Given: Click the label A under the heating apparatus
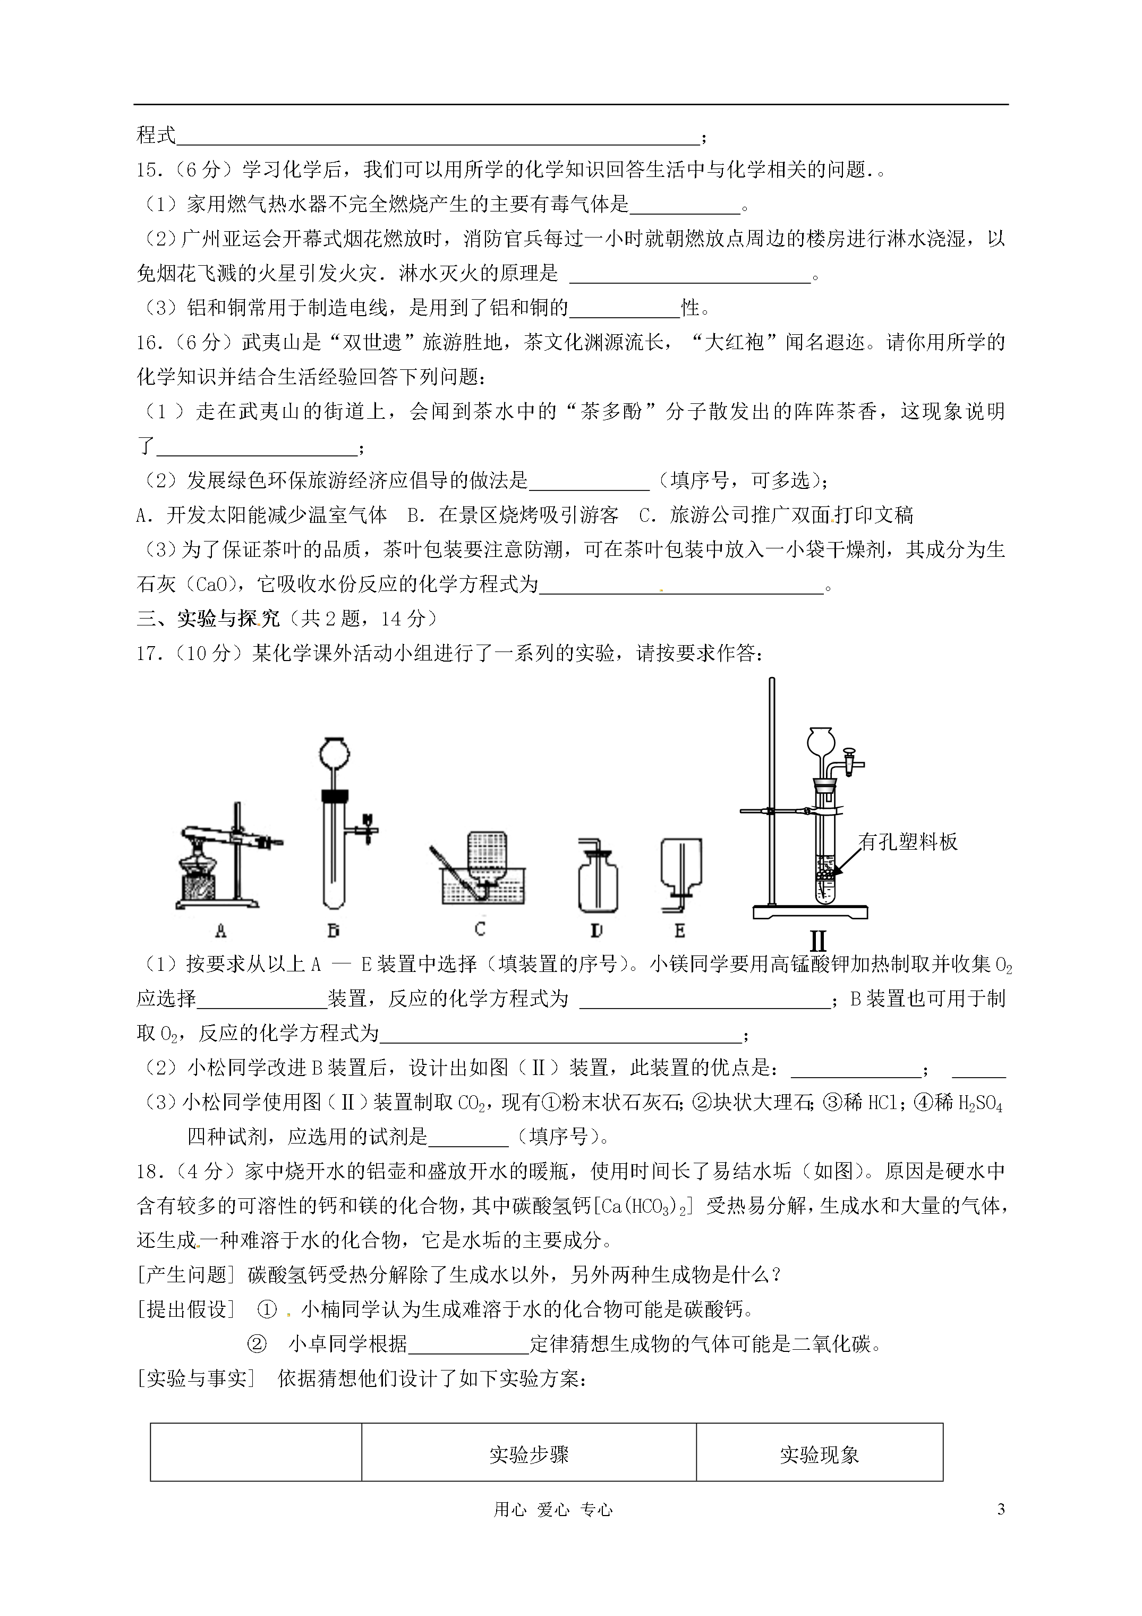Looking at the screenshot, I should click(x=220, y=931).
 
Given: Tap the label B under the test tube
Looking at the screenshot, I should click(x=334, y=931).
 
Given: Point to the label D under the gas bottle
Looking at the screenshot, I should click(x=596, y=931).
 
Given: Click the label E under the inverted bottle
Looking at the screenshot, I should click(x=680, y=931).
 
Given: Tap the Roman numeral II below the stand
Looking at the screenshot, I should click(x=817, y=942).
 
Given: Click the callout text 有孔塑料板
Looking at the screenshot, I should click(x=908, y=842).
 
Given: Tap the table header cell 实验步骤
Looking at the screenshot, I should click(x=529, y=1456).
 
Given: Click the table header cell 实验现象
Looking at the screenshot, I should click(x=819, y=1456).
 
